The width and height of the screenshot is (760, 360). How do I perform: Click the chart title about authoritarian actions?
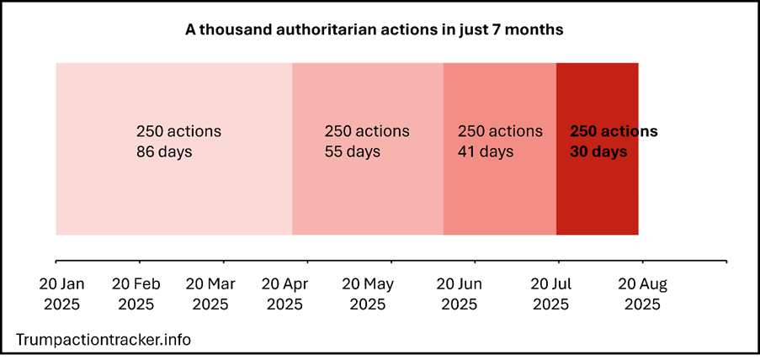point(374,30)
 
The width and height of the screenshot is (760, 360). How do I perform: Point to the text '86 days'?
point(164,152)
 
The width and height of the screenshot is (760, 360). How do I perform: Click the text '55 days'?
point(352,152)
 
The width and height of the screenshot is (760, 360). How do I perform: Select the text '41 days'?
point(485,152)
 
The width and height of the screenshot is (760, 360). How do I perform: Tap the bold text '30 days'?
point(598,152)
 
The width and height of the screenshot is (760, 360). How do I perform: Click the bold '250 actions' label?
point(614,132)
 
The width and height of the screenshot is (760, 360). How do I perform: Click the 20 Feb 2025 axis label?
point(136,294)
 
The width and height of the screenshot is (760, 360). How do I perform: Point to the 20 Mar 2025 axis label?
point(210,294)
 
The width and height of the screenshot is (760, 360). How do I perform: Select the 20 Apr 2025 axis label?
point(284,294)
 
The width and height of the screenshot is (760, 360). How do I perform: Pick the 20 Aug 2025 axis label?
point(643,294)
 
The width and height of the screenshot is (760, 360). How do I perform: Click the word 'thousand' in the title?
point(232,30)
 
